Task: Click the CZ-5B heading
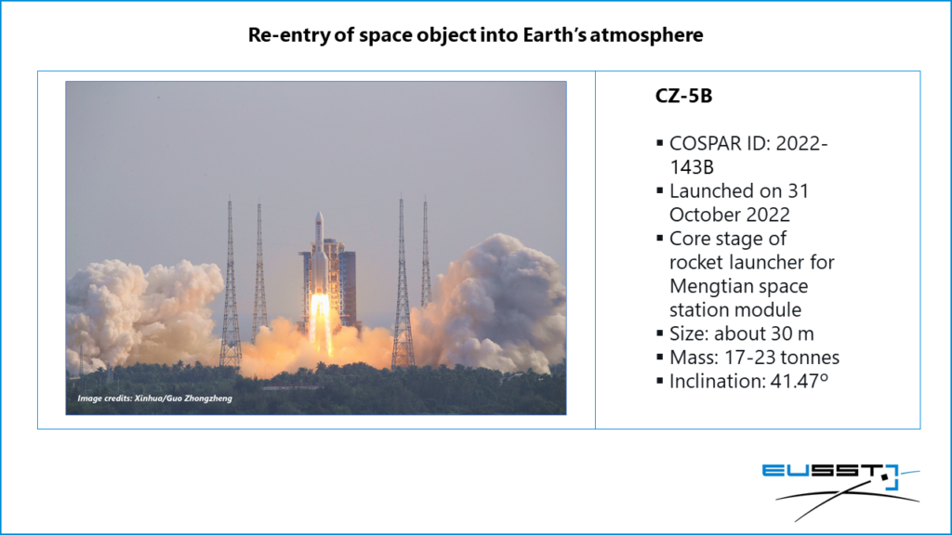[683, 96]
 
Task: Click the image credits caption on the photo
[155, 398]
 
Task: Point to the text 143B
[692, 167]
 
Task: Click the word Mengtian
[707, 287]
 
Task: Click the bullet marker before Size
[660, 333]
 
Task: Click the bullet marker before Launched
[660, 191]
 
